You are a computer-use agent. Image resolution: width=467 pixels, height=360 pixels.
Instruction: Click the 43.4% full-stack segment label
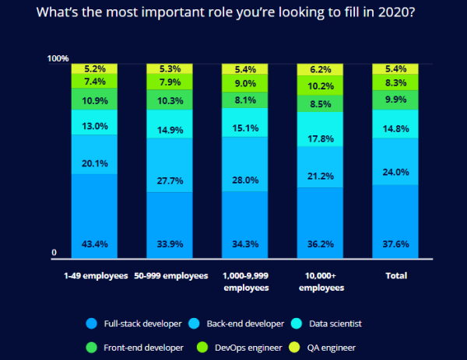[x=93, y=243]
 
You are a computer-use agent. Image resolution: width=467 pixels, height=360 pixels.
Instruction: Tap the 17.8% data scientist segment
[x=320, y=139]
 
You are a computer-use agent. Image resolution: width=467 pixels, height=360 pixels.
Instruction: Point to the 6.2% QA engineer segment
[x=320, y=69]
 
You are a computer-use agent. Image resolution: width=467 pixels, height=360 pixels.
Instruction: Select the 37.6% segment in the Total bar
[x=396, y=243]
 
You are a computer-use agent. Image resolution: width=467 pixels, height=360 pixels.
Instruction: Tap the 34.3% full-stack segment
[x=244, y=243]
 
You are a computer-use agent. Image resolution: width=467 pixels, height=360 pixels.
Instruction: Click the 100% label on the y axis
[x=58, y=59]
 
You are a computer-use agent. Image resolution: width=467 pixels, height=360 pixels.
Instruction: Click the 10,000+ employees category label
[x=320, y=281]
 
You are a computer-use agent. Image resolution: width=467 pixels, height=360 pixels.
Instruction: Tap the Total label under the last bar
[x=396, y=276]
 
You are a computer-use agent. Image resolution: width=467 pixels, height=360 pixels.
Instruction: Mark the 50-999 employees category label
[x=170, y=276]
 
